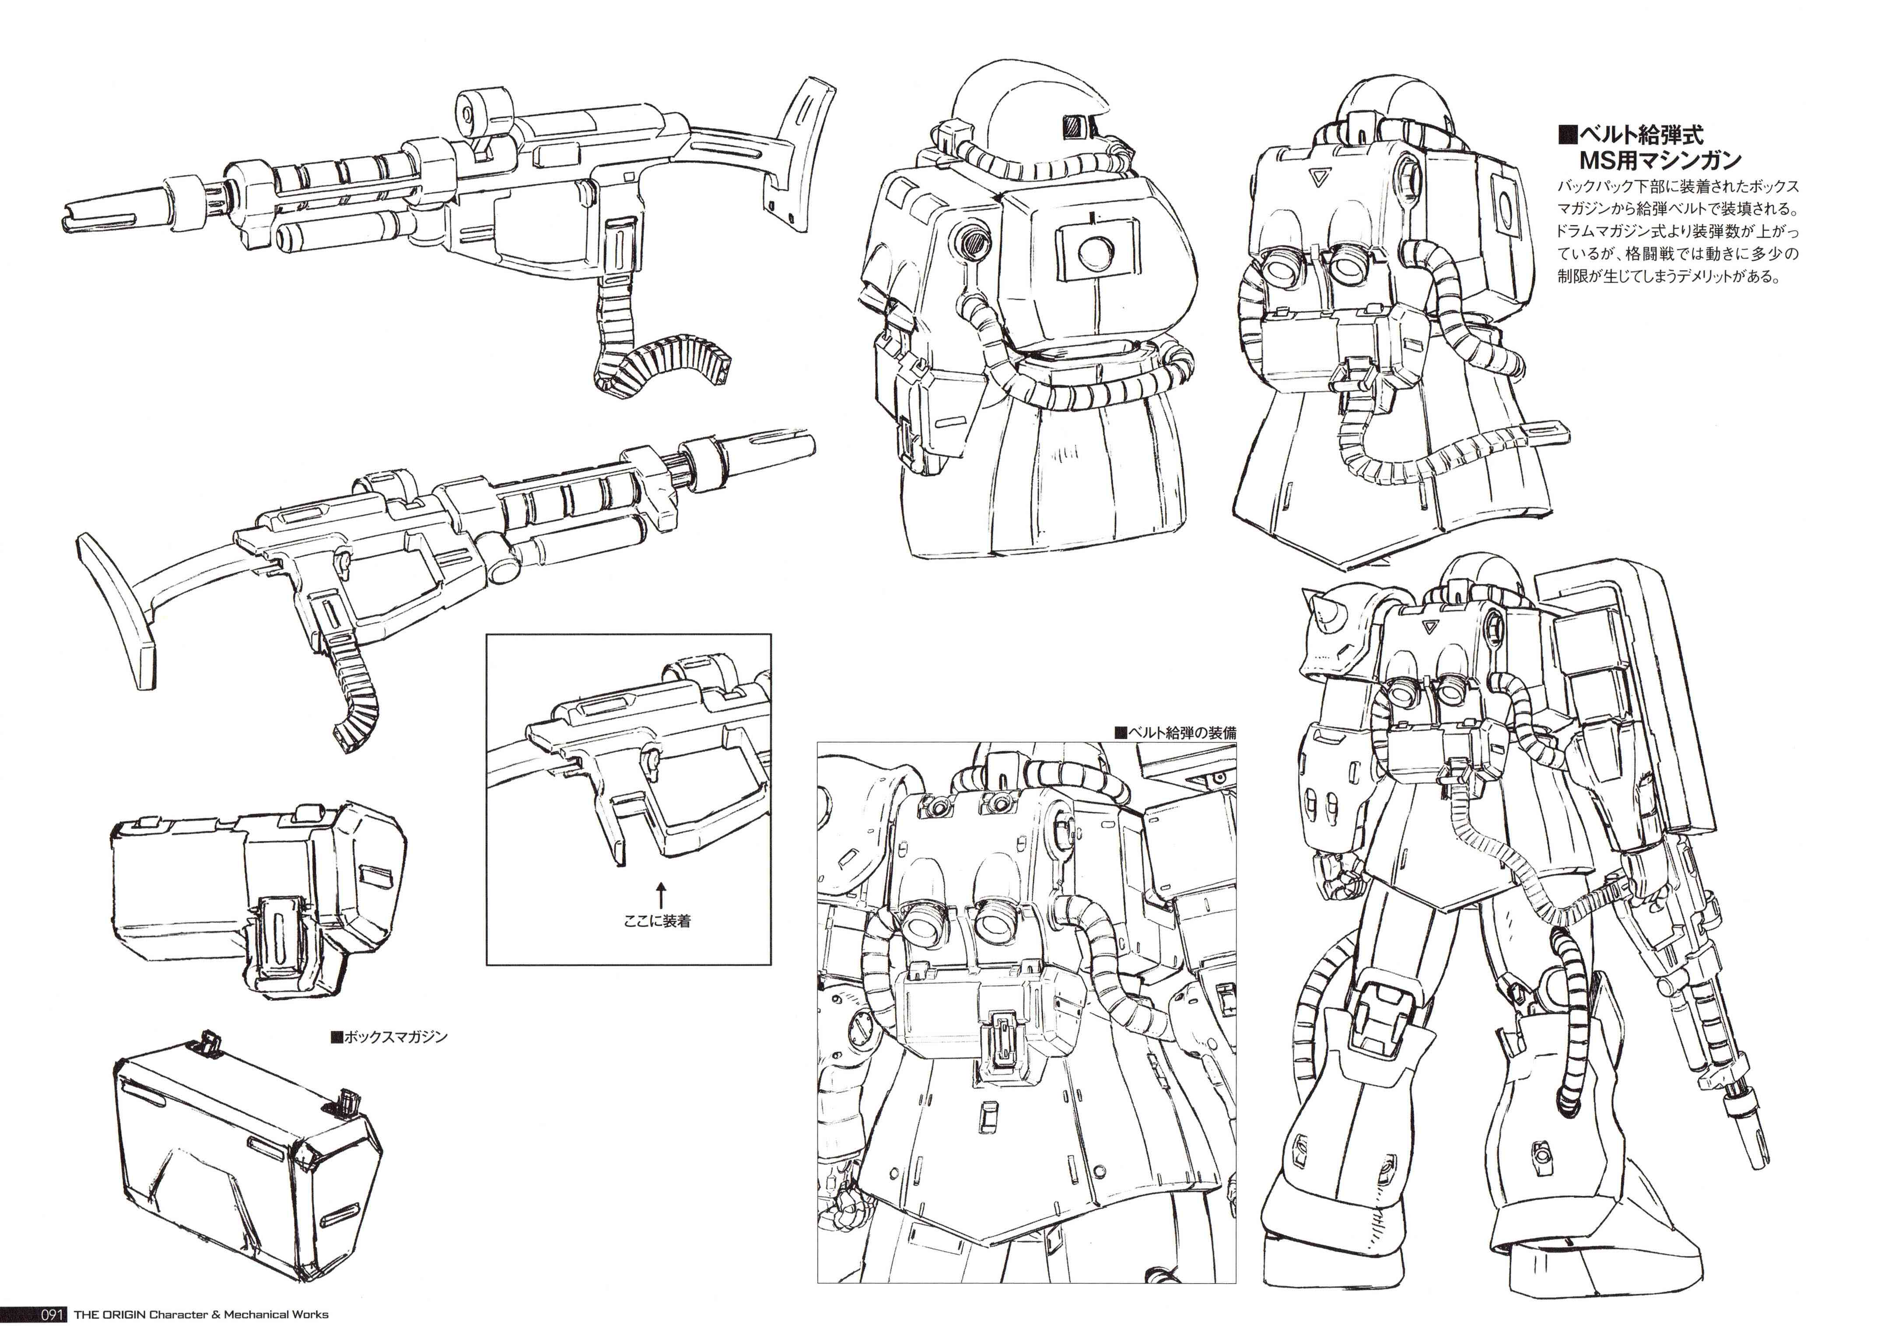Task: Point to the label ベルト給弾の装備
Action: tap(1175, 732)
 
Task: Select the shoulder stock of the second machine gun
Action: tap(124, 594)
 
